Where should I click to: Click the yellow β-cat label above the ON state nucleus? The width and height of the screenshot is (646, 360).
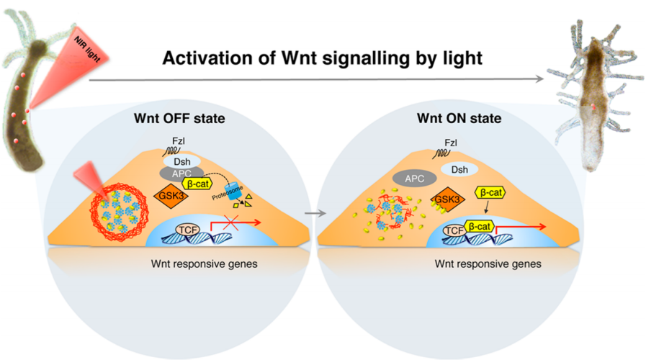coord(490,193)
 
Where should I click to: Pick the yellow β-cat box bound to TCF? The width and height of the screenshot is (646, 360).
coord(483,228)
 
